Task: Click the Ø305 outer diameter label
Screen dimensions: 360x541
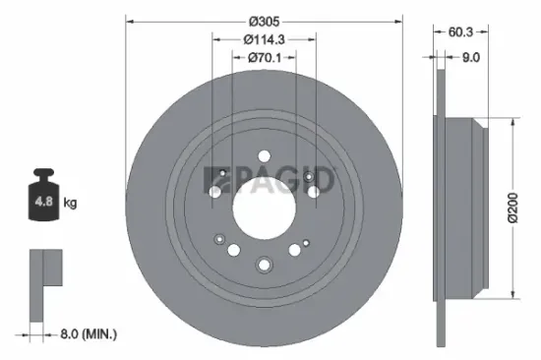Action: tap(264, 21)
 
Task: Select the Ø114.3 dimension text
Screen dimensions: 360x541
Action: tap(264, 39)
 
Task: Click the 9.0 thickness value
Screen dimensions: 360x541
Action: tap(470, 57)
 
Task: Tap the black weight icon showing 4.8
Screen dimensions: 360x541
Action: tap(42, 202)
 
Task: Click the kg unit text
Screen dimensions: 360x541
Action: tap(71, 204)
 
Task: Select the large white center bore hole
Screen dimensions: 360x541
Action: tap(264, 206)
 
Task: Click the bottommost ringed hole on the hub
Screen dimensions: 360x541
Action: tap(264, 264)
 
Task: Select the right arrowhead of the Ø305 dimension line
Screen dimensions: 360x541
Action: tap(399, 21)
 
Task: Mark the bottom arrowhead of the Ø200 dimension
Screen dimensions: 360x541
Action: tap(511, 294)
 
